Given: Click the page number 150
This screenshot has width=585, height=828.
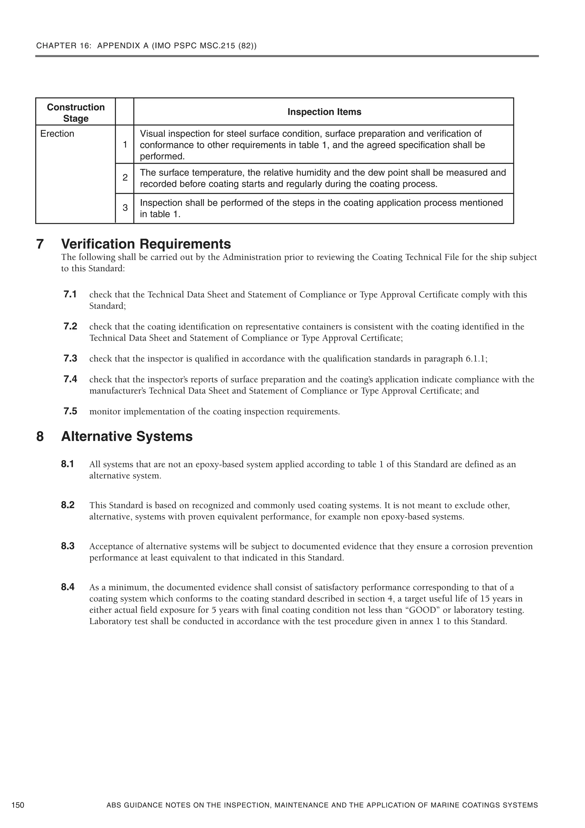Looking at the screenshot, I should point(18,805).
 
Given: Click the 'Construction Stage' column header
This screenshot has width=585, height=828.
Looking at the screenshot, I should point(76,113).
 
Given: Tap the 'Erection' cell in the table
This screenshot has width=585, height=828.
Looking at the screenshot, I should point(57,134).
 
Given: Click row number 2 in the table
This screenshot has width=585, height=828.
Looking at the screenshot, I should point(125,177).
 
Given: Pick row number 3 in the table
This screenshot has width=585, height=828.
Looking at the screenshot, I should point(125,208).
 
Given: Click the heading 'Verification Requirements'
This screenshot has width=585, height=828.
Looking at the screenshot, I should point(146,244).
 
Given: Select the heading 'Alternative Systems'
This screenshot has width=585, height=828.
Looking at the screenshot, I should point(127,436).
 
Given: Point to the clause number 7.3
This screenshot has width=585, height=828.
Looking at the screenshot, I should point(70,358).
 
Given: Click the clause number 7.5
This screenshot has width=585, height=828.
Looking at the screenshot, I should point(70,411).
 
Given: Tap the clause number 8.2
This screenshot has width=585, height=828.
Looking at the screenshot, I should point(68,505).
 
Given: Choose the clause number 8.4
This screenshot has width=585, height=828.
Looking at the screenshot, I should point(68,587).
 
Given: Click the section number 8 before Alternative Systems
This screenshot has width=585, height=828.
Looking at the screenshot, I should point(40,436).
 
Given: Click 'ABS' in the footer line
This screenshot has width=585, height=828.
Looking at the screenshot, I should point(113,805).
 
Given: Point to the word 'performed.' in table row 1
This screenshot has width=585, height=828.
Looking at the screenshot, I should point(162,157).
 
